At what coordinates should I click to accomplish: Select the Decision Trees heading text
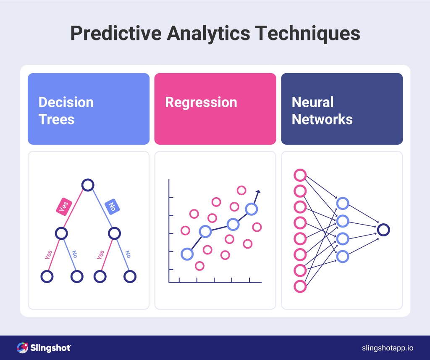tap(66, 111)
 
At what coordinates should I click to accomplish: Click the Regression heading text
tap(201, 102)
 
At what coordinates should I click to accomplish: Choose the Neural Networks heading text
tap(322, 111)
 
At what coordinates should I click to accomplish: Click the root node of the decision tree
tap(88, 185)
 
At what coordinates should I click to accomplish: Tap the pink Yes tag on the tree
tap(64, 206)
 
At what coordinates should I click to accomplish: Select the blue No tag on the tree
tap(112, 206)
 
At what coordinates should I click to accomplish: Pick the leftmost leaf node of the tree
tap(47, 276)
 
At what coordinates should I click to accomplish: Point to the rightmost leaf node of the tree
tap(130, 276)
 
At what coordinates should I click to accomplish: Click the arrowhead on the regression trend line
tap(258, 192)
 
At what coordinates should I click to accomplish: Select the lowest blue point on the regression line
tap(187, 254)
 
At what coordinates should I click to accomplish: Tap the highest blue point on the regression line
tap(251, 209)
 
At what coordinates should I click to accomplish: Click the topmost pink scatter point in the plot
tap(241, 191)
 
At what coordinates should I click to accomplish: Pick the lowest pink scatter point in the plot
tap(200, 266)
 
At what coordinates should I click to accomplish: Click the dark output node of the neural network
tap(383, 230)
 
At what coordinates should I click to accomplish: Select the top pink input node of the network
tap(300, 175)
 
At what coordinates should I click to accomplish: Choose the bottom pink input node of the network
tap(300, 286)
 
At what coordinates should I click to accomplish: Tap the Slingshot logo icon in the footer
tap(22, 348)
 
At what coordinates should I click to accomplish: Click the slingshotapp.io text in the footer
tap(388, 348)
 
